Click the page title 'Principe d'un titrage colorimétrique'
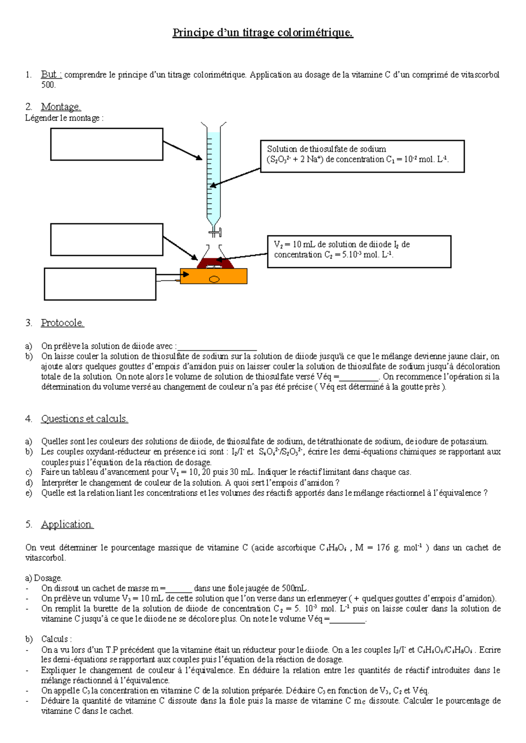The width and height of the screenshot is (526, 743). pyautogui.click(x=263, y=33)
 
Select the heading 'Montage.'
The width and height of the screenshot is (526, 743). pyautogui.click(x=61, y=107)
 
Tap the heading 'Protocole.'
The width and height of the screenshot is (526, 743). pyautogui.click(x=62, y=323)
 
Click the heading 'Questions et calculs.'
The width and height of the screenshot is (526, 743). pyautogui.click(x=84, y=419)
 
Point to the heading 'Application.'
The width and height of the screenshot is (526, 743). pyautogui.click(x=67, y=524)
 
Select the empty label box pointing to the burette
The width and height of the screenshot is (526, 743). pyautogui.click(x=107, y=144)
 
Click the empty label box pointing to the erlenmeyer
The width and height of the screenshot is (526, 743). pyautogui.click(x=107, y=239)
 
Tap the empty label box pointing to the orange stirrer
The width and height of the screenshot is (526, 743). pyautogui.click(x=100, y=284)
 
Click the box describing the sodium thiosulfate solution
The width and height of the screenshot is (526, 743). pyautogui.click(x=362, y=156)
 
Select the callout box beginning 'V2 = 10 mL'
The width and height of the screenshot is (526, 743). pyautogui.click(x=359, y=251)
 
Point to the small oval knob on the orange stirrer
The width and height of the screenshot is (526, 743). pyautogui.click(x=214, y=279)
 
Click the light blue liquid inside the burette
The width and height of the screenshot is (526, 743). pyautogui.click(x=213, y=175)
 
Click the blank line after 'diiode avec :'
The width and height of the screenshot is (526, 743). pyautogui.click(x=217, y=347)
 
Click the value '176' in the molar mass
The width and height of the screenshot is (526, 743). pyautogui.click(x=383, y=548)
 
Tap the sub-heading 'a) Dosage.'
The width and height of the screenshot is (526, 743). pyautogui.click(x=44, y=578)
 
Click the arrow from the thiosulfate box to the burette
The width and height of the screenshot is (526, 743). pyautogui.click(x=235, y=177)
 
